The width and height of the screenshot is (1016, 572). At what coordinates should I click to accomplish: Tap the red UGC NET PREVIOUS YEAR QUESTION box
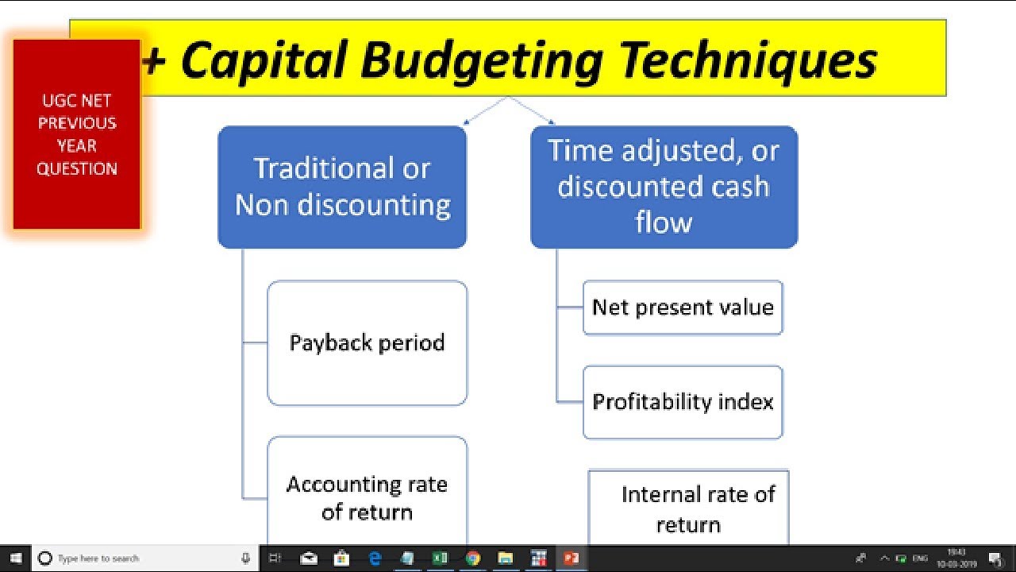77,134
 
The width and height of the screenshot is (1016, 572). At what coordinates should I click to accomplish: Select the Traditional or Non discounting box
342,187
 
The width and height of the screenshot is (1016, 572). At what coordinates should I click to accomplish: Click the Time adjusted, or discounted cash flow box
664,187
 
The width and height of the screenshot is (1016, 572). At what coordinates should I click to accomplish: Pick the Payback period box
367,342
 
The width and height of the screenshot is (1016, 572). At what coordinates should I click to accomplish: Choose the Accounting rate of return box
367,497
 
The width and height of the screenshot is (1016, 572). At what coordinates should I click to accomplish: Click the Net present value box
683,307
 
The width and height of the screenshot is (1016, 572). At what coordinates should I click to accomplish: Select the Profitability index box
683,402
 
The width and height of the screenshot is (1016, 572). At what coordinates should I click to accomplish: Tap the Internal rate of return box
689,508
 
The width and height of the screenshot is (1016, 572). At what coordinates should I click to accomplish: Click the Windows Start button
15,558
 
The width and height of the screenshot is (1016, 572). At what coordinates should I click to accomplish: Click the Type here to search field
135,558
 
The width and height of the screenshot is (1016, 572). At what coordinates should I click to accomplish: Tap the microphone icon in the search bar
245,558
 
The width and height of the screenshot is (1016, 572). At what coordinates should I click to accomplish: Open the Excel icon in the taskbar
440,558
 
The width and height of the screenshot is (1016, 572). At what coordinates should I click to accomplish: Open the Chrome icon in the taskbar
473,558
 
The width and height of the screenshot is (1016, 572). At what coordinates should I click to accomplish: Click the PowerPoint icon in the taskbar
571,558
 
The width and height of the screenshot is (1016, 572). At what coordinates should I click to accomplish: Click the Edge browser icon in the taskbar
375,558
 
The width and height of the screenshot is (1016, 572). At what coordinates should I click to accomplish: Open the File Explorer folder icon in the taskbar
506,558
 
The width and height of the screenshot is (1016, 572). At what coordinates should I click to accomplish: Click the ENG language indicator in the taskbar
920,558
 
